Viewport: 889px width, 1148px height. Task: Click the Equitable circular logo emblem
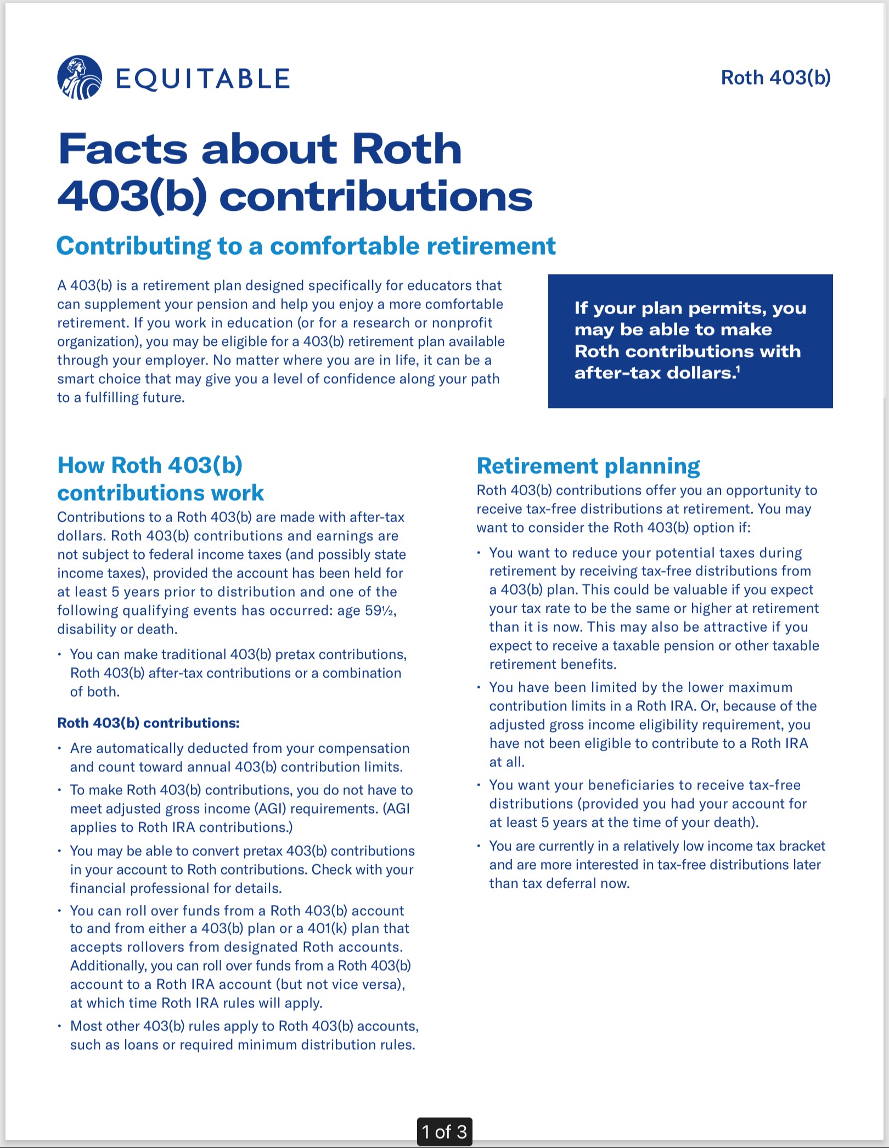click(x=80, y=77)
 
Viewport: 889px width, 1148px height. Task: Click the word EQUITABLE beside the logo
click(x=202, y=79)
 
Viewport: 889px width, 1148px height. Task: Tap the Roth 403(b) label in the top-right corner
click(x=775, y=77)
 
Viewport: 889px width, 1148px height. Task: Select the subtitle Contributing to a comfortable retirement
click(x=306, y=245)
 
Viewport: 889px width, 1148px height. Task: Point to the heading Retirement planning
click(x=588, y=466)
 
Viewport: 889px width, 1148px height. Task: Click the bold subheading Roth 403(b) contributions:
click(x=148, y=723)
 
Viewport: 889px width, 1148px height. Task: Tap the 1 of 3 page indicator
click(x=444, y=1132)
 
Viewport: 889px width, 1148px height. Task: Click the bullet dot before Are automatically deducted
click(x=59, y=748)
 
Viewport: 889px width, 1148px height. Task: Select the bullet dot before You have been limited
click(x=479, y=687)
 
